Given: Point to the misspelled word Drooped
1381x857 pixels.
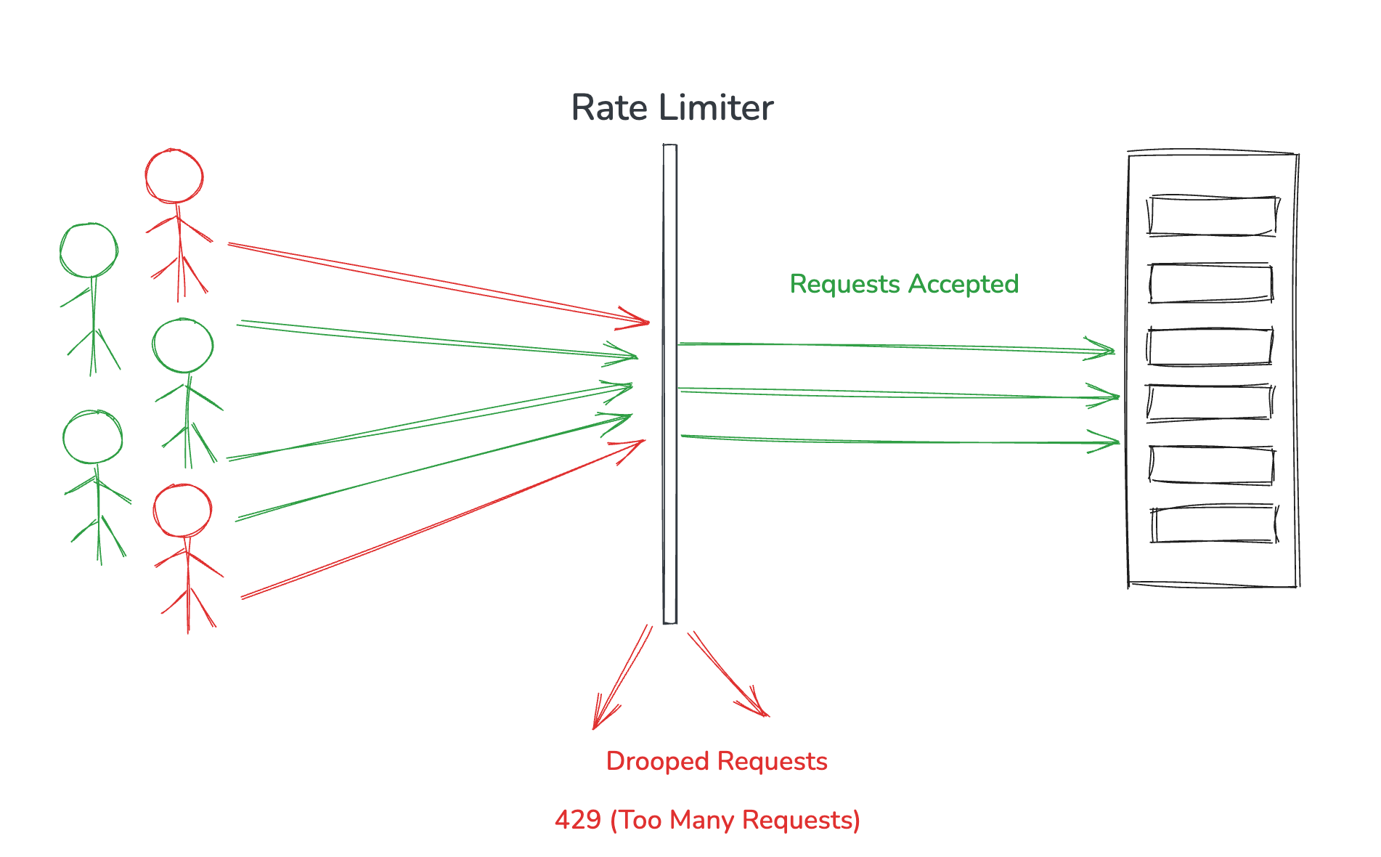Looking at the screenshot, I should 657,761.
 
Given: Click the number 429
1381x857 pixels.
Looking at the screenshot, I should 578,820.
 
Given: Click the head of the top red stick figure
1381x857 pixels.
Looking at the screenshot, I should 174,176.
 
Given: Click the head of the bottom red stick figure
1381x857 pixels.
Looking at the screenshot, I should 182,511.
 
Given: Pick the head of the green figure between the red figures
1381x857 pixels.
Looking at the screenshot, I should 183,346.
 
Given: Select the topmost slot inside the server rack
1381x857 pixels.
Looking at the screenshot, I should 1211,216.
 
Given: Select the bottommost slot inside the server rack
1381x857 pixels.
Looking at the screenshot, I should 1213,524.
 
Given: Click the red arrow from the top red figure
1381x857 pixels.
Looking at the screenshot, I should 436,283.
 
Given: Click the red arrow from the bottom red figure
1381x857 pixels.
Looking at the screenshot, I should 443,519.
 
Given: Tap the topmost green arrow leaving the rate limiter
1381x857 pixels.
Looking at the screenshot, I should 893,346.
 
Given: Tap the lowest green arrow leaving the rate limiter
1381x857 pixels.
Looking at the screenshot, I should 893,440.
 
